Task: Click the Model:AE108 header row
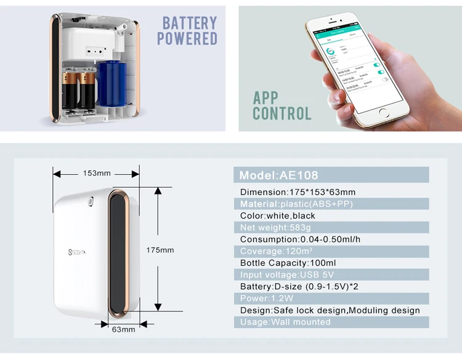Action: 331,175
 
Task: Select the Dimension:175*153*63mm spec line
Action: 298,192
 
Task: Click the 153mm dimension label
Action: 97,173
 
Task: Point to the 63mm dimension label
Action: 124,329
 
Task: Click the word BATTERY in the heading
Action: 190,23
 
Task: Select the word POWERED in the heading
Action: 187,39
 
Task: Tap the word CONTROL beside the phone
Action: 282,113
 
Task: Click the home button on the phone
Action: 384,113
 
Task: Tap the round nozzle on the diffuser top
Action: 91,201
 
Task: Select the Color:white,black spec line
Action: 278,215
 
